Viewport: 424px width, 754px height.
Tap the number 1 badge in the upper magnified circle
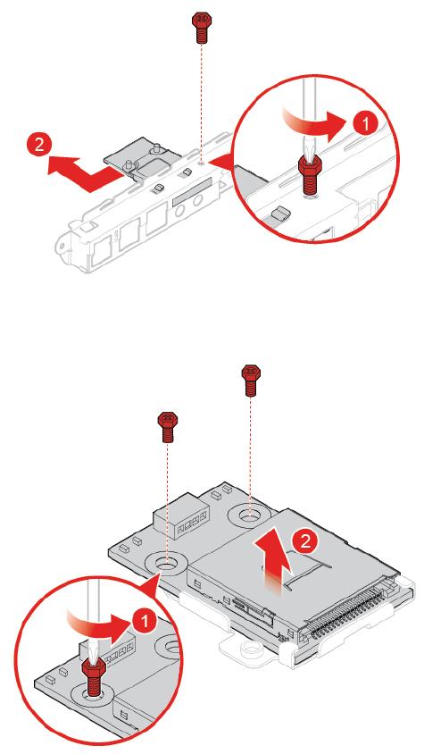click(366, 125)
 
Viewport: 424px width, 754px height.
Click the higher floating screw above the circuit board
click(251, 381)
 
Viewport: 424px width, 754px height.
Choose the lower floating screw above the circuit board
click(167, 426)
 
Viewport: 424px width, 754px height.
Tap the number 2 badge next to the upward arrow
click(305, 542)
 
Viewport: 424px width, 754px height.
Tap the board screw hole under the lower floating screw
click(166, 562)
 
